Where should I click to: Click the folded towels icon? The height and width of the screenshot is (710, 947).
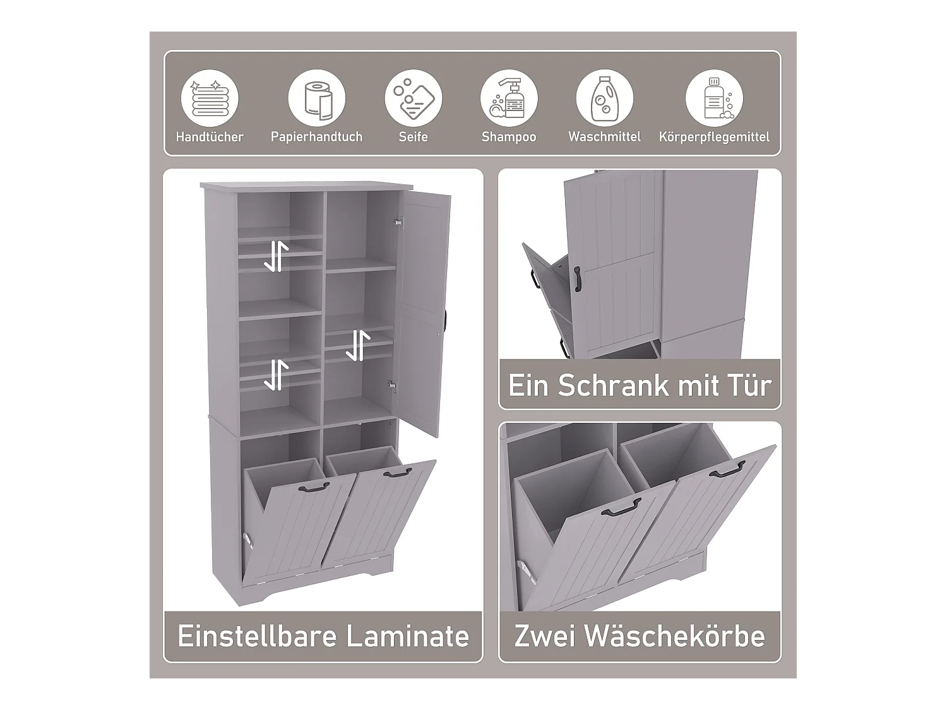tap(210, 99)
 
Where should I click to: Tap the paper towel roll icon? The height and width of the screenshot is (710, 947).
tap(317, 99)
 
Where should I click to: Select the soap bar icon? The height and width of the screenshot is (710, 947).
tap(414, 99)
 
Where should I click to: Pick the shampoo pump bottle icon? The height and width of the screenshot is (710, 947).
tap(509, 99)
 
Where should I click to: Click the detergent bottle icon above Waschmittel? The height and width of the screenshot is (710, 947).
tap(604, 99)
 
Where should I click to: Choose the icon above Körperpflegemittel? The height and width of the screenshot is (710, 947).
tap(714, 99)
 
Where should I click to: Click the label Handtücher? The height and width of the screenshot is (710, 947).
tap(210, 137)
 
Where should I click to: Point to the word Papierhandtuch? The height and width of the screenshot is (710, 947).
tap(317, 137)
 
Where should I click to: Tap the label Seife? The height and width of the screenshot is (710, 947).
tap(414, 137)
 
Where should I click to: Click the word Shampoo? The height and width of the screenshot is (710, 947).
tap(509, 137)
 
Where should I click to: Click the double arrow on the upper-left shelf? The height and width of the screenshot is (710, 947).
tap(276, 256)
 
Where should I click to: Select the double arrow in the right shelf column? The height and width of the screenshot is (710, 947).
tap(358, 345)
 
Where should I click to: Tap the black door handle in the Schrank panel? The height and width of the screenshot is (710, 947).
tap(577, 278)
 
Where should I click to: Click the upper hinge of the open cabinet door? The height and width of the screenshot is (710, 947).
tap(398, 222)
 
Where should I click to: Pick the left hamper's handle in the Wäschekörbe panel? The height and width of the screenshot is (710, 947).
tap(621, 507)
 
